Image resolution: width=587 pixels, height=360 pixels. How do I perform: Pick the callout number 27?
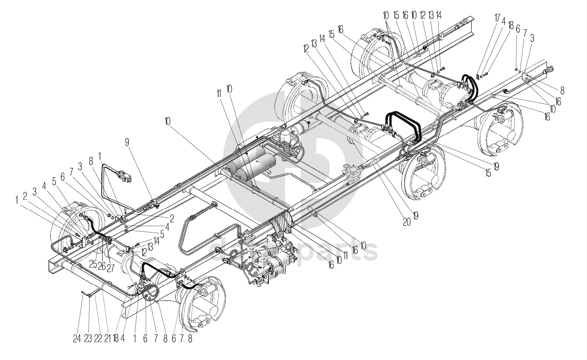(x=110, y=269)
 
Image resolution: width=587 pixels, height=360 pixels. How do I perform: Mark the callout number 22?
(x=98, y=339)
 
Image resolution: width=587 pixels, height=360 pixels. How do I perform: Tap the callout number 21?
(x=107, y=339)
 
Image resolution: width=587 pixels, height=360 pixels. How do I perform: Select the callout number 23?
(x=88, y=339)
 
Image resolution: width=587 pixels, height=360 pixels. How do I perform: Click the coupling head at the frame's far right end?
(x=550, y=69)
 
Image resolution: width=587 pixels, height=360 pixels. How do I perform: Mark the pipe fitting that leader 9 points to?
(x=153, y=203)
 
